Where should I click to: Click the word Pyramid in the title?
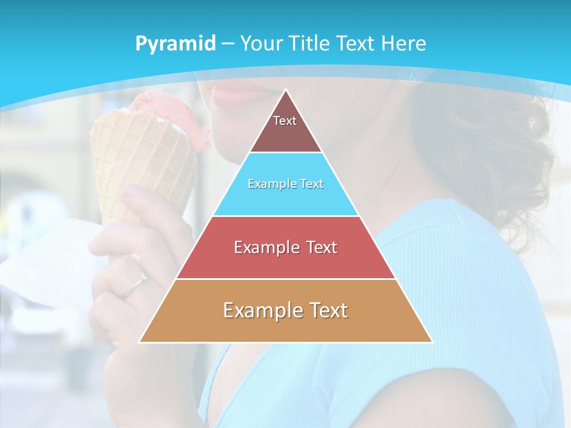click(175, 44)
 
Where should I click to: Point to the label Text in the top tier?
click(285, 121)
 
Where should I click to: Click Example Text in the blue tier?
click(285, 184)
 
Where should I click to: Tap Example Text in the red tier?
click(285, 247)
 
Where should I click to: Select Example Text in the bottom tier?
click(285, 310)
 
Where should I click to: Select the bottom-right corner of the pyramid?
click(432, 342)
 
